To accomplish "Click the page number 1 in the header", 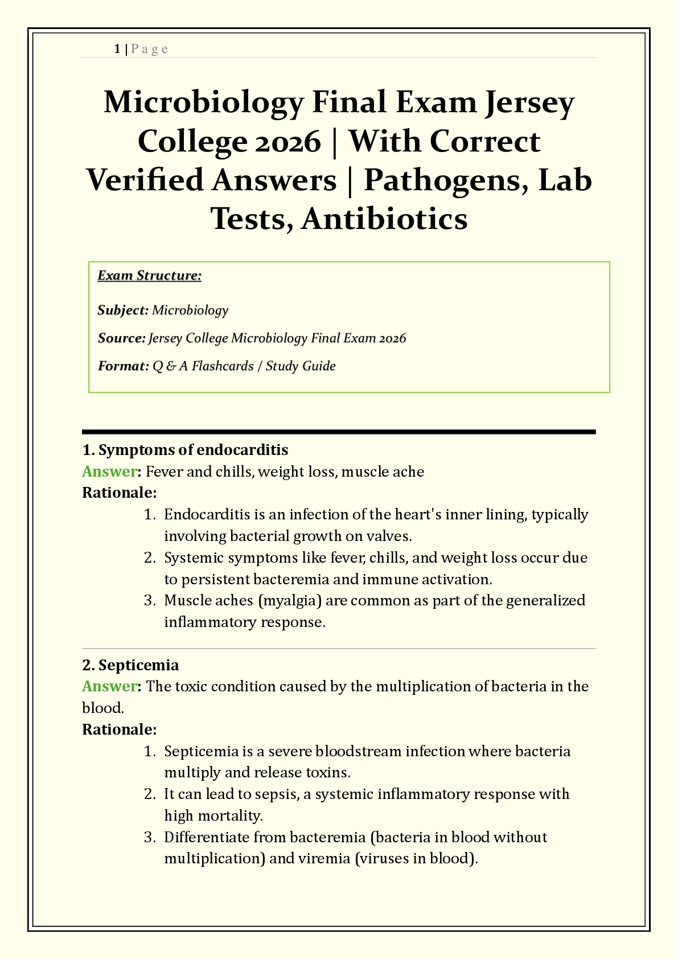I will [117, 49].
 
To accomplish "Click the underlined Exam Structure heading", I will [150, 276].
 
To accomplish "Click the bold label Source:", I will [122, 338].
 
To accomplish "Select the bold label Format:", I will [123, 366].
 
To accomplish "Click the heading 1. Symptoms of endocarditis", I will [186, 450].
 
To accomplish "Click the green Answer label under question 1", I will [109, 472].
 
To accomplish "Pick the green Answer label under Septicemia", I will [109, 686].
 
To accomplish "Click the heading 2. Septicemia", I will [131, 665].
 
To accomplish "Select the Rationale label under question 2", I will [120, 730].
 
